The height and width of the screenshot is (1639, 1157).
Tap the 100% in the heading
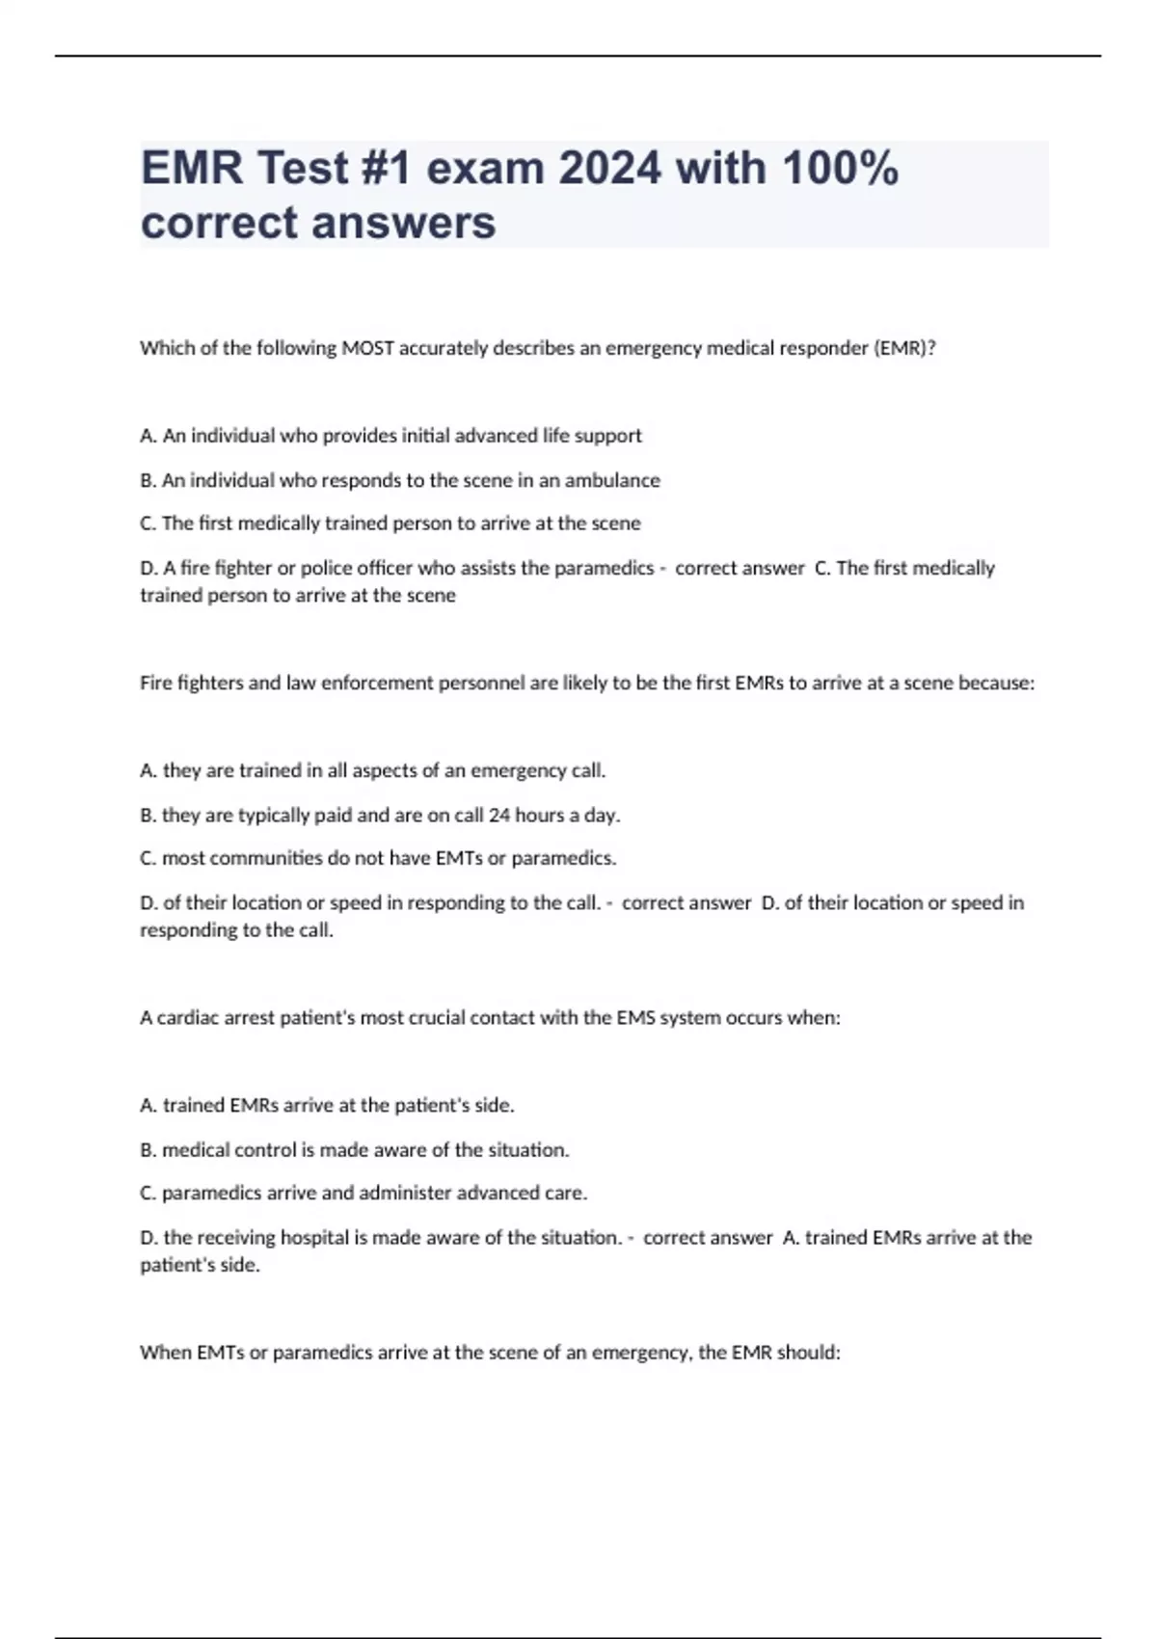click(x=840, y=169)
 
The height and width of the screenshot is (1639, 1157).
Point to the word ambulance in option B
click(x=612, y=480)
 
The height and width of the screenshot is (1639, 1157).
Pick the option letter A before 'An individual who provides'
click(x=148, y=436)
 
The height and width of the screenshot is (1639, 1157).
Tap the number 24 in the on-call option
click(x=498, y=815)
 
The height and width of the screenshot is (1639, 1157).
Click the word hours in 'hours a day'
click(x=539, y=815)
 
